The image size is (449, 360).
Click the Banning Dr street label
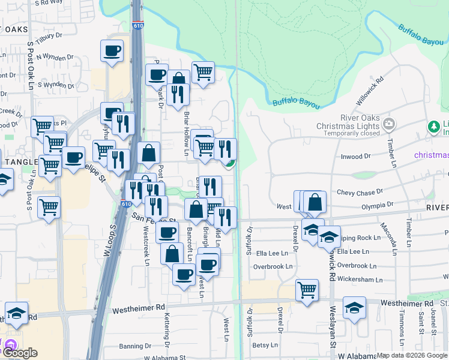(134, 346)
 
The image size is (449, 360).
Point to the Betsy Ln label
(265, 345)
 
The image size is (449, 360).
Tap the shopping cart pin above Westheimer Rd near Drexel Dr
(307, 290)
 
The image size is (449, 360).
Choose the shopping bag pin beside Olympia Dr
(315, 202)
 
